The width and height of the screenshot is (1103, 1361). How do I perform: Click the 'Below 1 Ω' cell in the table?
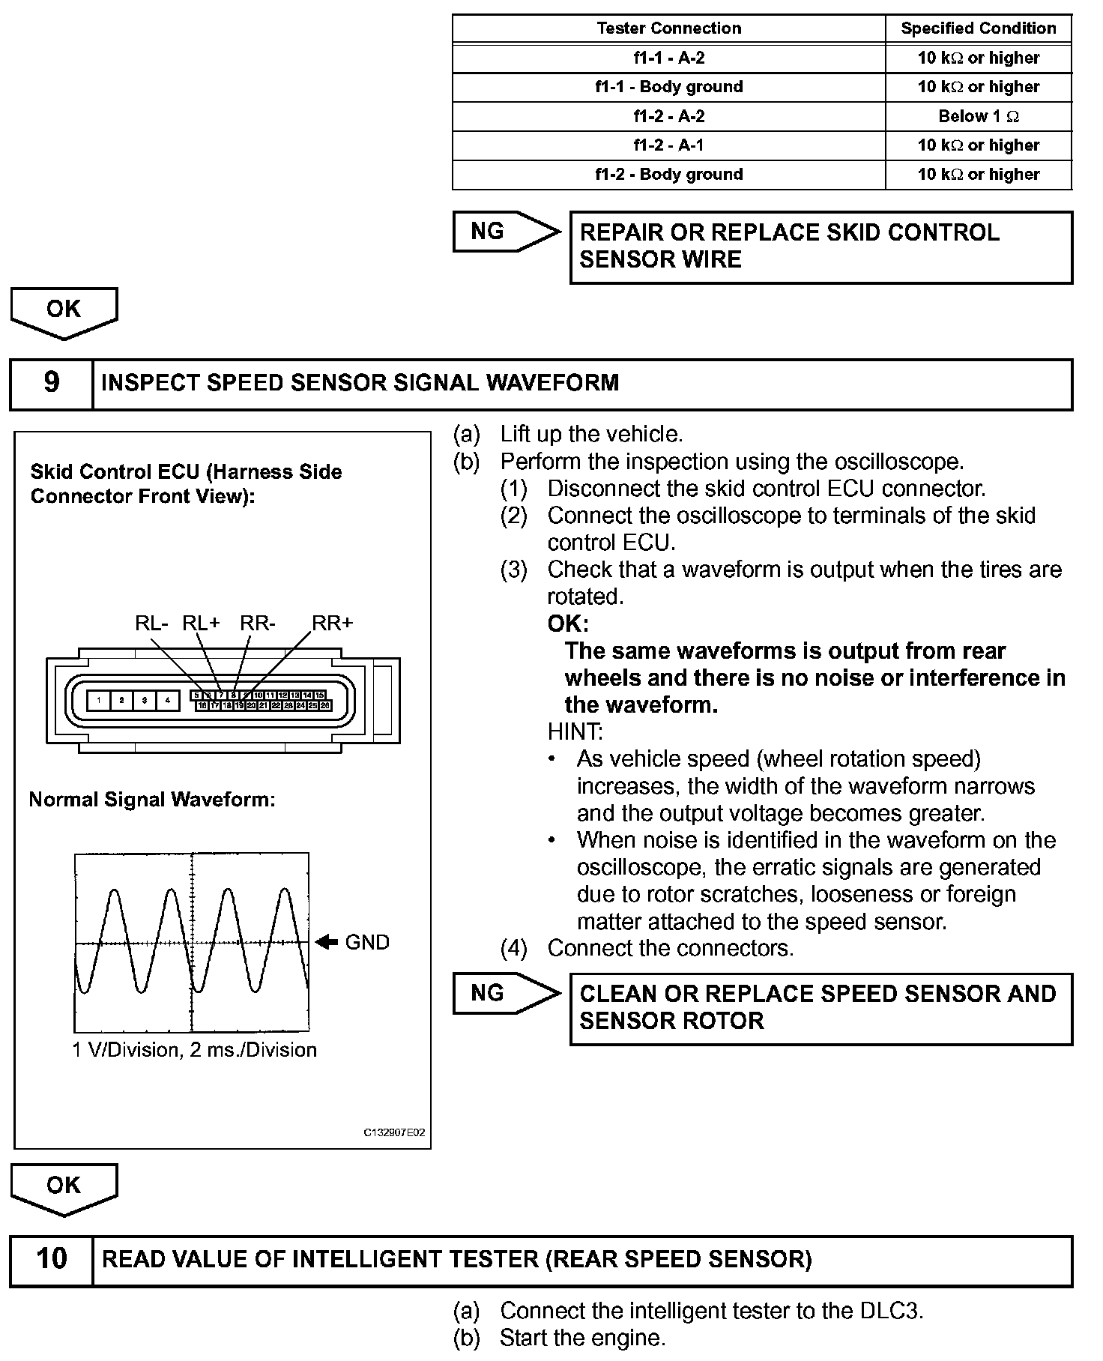[x=979, y=116]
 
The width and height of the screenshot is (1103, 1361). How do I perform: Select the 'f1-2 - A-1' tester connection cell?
[x=668, y=145]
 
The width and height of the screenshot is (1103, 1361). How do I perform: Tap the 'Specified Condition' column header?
[x=979, y=28]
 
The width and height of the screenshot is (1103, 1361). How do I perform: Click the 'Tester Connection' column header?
[x=668, y=28]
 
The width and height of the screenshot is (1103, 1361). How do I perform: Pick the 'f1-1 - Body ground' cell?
[x=668, y=87]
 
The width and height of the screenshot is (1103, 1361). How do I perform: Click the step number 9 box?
[x=51, y=383]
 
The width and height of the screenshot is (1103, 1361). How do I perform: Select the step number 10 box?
[x=51, y=1258]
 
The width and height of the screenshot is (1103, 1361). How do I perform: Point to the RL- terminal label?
[x=151, y=624]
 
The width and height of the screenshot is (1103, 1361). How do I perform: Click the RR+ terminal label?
[x=332, y=624]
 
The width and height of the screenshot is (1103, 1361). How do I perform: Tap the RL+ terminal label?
[x=201, y=624]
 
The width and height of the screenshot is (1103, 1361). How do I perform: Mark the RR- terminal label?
[x=258, y=624]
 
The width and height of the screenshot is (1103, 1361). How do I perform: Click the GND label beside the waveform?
[x=367, y=942]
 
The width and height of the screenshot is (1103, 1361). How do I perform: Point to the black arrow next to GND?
[x=327, y=942]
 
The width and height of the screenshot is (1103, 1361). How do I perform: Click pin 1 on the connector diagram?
[x=99, y=701]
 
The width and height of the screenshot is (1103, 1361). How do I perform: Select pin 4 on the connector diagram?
[x=168, y=701]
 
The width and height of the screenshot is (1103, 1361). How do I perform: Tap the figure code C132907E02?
[x=394, y=1132]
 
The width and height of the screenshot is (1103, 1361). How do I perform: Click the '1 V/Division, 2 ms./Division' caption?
[x=194, y=1049]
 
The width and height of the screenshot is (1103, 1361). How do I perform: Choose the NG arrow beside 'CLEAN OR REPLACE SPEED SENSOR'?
[x=506, y=994]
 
